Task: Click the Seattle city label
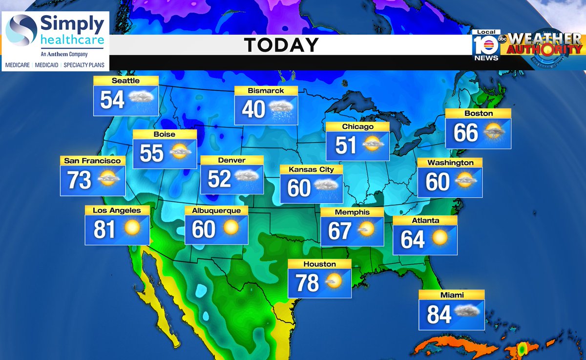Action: [x=126, y=81]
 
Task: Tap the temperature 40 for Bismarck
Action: [x=253, y=109]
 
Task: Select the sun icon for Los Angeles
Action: [x=132, y=228]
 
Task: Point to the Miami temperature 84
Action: [x=439, y=314]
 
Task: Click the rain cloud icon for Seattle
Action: [x=142, y=101]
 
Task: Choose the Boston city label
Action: [x=479, y=113]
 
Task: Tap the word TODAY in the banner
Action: [x=281, y=45]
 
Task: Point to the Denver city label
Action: [x=231, y=160]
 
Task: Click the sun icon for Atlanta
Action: [x=439, y=238]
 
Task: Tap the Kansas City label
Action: [x=311, y=169]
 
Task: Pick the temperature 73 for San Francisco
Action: [x=79, y=180]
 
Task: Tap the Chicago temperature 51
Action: [x=346, y=146]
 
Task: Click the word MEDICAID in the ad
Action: [x=47, y=64]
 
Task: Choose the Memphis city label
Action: [x=352, y=212]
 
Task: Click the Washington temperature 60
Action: [x=437, y=182]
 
